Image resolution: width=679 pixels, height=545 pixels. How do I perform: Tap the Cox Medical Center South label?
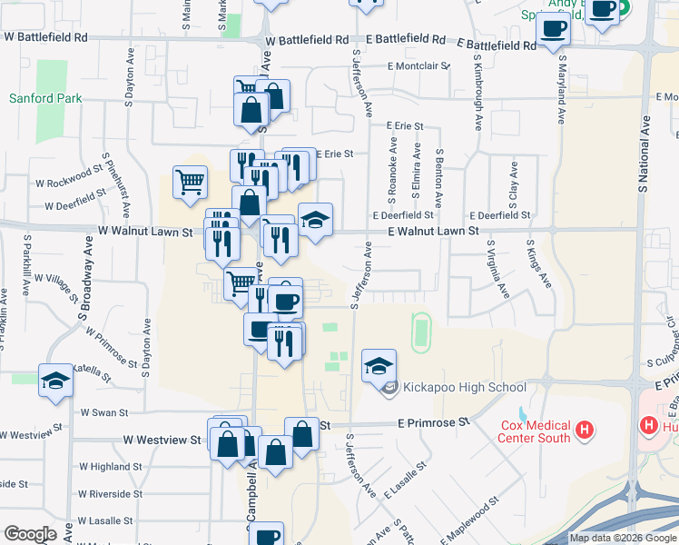536,431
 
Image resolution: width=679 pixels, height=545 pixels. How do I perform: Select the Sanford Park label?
45,98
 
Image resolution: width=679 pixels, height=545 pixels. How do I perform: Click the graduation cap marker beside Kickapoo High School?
379,366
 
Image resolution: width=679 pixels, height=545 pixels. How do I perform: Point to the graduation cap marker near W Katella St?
54,381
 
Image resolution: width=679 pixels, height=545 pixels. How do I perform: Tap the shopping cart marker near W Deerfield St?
190,182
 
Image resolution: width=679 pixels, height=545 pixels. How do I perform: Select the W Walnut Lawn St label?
146,232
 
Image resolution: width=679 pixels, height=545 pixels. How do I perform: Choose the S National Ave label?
644,154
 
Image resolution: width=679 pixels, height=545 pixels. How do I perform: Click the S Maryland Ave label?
562,89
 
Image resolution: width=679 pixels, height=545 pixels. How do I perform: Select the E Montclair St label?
419,66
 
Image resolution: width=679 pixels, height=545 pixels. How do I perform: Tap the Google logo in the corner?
30,534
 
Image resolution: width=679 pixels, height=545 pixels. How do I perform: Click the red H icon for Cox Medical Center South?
586,427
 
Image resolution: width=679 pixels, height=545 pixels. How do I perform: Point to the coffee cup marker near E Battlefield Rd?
552,28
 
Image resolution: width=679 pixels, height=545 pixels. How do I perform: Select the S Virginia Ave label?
497,270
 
